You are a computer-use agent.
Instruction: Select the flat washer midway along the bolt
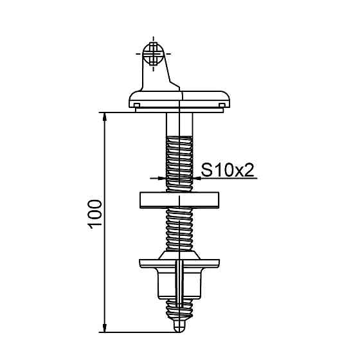tap(179, 199)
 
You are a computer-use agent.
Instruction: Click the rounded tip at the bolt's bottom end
tap(179, 327)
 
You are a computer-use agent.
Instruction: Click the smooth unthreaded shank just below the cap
tap(179, 124)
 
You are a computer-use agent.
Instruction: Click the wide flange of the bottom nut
tap(179, 264)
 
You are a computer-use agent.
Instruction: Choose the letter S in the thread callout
tap(207, 170)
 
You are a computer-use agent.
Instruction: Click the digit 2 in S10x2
tap(250, 170)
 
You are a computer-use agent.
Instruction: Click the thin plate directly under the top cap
tap(179, 110)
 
